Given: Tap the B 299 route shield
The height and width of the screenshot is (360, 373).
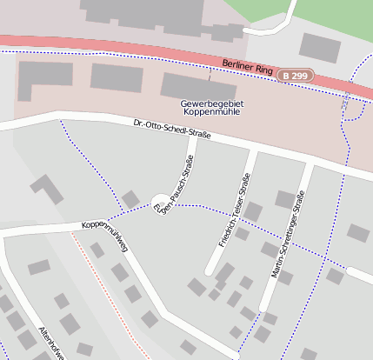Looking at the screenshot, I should tap(294, 77).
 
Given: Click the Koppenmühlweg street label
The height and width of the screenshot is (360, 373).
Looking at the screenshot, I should tap(105, 237).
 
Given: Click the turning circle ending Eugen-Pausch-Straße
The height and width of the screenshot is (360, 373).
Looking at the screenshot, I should tap(161, 203).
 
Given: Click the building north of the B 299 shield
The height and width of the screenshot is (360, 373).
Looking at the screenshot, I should tap(319, 47).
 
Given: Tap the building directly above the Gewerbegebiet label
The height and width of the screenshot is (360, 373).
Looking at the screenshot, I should tap(198, 85).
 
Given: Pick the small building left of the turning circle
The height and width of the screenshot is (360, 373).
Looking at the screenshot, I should tap(130, 199).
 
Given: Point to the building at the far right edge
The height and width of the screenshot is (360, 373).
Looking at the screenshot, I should tap(357, 232).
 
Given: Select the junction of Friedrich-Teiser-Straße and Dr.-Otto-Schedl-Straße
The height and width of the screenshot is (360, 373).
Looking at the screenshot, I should tap(253, 150).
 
